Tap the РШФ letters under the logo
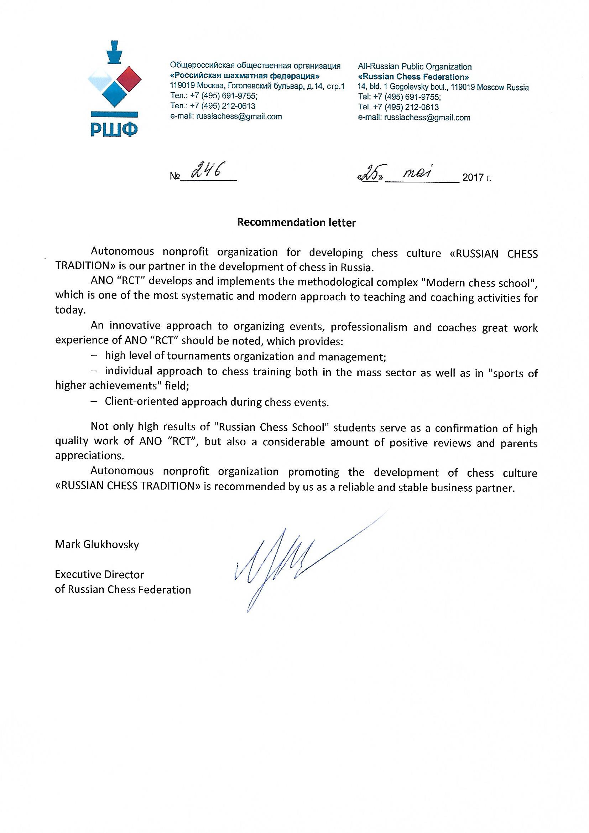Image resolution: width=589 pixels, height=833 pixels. tap(114, 129)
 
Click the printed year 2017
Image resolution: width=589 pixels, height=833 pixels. tap(473, 177)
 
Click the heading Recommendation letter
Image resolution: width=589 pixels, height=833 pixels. tap(296, 222)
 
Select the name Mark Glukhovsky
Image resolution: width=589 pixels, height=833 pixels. tap(97, 544)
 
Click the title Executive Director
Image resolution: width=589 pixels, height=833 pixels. tap(99, 574)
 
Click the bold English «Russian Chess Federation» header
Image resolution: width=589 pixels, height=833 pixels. tap(413, 77)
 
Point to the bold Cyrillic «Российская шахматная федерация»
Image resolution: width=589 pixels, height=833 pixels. tap(245, 76)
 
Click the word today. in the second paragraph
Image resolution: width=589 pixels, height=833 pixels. tap(71, 310)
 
